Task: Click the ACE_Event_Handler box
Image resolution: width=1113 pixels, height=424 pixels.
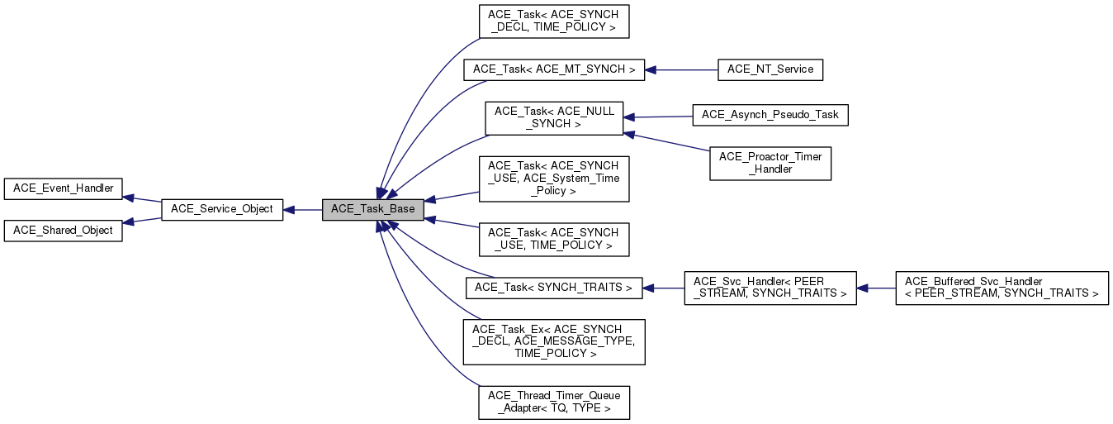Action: [63, 189]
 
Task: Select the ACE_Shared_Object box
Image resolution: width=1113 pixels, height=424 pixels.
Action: [63, 231]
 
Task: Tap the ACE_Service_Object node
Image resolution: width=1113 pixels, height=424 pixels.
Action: [222, 210]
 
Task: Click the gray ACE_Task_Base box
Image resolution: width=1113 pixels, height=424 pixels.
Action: [372, 210]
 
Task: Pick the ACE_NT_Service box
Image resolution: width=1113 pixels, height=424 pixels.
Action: [770, 70]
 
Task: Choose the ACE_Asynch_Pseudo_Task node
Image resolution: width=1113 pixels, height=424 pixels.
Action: [770, 116]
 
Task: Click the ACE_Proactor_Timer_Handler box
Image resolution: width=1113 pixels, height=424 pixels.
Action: [770, 163]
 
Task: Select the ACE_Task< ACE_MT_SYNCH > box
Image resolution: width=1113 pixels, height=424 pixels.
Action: [554, 70]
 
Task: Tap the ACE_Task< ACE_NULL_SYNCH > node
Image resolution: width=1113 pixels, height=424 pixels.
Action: [554, 118]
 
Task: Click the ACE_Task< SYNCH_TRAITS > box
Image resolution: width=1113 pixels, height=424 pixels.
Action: [554, 288]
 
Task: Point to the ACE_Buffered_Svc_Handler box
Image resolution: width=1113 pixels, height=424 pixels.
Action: [1002, 288]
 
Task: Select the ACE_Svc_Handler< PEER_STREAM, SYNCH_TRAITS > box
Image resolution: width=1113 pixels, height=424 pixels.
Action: [770, 288]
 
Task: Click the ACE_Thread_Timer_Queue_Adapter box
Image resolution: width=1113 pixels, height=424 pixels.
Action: [554, 403]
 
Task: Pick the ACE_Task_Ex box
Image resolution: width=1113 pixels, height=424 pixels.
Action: [554, 342]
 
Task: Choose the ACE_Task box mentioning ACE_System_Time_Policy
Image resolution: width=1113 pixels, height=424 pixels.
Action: [554, 179]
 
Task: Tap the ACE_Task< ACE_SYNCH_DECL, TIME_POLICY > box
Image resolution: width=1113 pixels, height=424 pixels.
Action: [554, 21]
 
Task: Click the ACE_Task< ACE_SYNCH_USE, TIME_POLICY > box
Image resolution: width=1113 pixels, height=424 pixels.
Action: [554, 240]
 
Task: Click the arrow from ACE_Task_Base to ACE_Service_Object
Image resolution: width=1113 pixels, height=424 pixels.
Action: [302, 210]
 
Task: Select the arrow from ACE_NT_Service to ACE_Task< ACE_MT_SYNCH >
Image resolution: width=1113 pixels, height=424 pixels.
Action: [681, 70]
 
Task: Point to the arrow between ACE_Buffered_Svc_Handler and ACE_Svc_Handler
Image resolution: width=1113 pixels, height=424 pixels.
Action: [876, 288]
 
